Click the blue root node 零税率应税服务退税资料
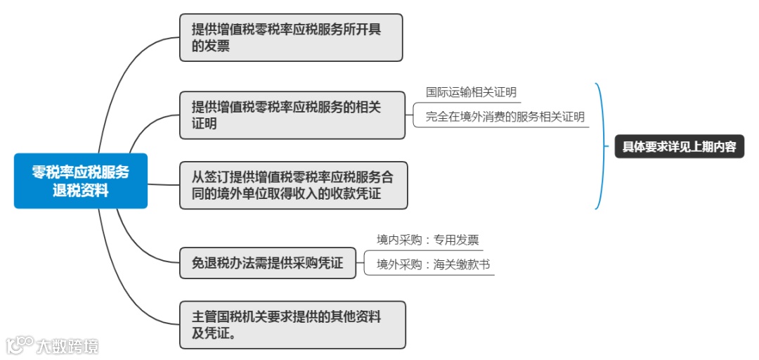(81, 181)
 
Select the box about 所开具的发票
(291, 37)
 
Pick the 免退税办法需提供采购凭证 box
(268, 263)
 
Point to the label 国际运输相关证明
(471, 92)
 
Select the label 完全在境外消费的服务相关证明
(505, 117)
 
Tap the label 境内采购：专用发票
(427, 240)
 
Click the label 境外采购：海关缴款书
(432, 264)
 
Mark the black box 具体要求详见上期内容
(679, 147)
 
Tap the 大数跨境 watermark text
(67, 345)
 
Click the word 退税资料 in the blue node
(81, 191)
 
